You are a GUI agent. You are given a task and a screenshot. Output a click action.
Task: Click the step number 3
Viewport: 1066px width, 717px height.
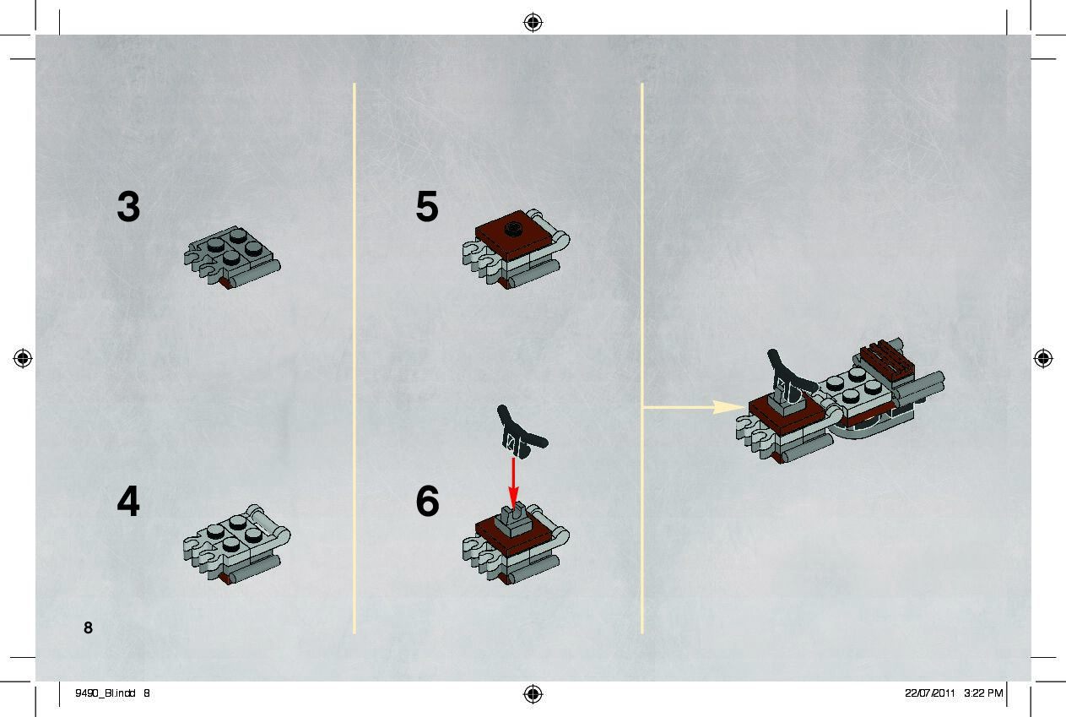pyautogui.click(x=128, y=206)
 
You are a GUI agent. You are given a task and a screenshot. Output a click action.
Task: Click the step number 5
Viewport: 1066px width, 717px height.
pyautogui.click(x=427, y=206)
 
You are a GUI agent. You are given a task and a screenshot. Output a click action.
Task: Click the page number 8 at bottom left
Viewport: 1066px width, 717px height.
pyautogui.click(x=88, y=627)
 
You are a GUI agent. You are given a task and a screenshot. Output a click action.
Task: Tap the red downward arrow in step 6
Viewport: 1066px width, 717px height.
pyautogui.click(x=513, y=483)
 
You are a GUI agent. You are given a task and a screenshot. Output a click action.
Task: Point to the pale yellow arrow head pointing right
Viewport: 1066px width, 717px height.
pyautogui.click(x=728, y=407)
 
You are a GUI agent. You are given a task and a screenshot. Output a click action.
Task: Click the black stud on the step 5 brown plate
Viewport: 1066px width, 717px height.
pyautogui.click(x=514, y=229)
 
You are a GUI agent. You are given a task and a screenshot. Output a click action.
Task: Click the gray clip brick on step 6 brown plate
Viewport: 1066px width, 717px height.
pyautogui.click(x=512, y=520)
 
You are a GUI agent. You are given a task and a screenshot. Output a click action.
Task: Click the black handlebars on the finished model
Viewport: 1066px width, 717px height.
pyautogui.click(x=790, y=375)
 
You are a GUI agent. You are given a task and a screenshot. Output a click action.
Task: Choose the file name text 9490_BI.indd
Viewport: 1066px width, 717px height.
pyautogui.click(x=106, y=693)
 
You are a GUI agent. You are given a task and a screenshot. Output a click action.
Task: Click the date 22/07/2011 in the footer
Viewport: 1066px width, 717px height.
pyautogui.click(x=929, y=693)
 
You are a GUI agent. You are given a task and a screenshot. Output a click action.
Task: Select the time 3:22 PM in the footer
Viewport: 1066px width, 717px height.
pyautogui.click(x=983, y=693)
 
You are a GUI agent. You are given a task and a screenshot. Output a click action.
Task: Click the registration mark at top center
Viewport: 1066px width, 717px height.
pyautogui.click(x=533, y=22)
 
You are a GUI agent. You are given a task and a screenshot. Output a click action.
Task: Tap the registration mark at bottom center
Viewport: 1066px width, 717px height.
pyautogui.click(x=533, y=693)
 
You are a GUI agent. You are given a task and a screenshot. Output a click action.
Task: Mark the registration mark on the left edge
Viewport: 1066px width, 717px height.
pyautogui.click(x=23, y=358)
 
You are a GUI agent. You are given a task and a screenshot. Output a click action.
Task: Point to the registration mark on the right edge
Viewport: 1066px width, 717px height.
pyautogui.click(x=1043, y=358)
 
